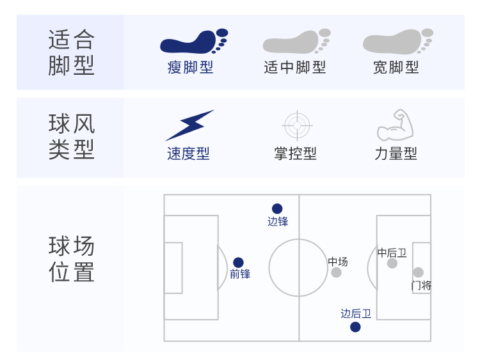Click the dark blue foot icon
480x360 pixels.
pos(194,42)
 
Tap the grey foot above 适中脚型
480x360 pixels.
pos(296,42)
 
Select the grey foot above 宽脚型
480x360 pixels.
pos(398,42)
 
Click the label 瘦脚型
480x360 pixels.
pos(190,67)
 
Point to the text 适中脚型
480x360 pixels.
pos(295,67)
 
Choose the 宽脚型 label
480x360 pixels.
pos(396,67)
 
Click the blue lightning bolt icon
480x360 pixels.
pos(190,125)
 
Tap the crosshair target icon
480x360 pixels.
pos(297,125)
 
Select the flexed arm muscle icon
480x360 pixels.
pos(396,125)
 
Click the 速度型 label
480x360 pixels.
pos(188,153)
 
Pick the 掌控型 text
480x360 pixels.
pos(296,153)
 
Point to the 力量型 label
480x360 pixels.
pos(396,153)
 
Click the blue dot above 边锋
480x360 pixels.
pos(277,208)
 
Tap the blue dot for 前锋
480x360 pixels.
pos(238,262)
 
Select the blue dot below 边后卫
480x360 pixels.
pos(355,327)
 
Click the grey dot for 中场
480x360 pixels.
pos(336,272)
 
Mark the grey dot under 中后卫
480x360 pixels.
pos(392,263)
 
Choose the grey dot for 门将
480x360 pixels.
pos(418,272)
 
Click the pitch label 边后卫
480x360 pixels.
pos(356,313)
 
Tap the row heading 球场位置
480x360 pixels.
pos(71,259)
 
